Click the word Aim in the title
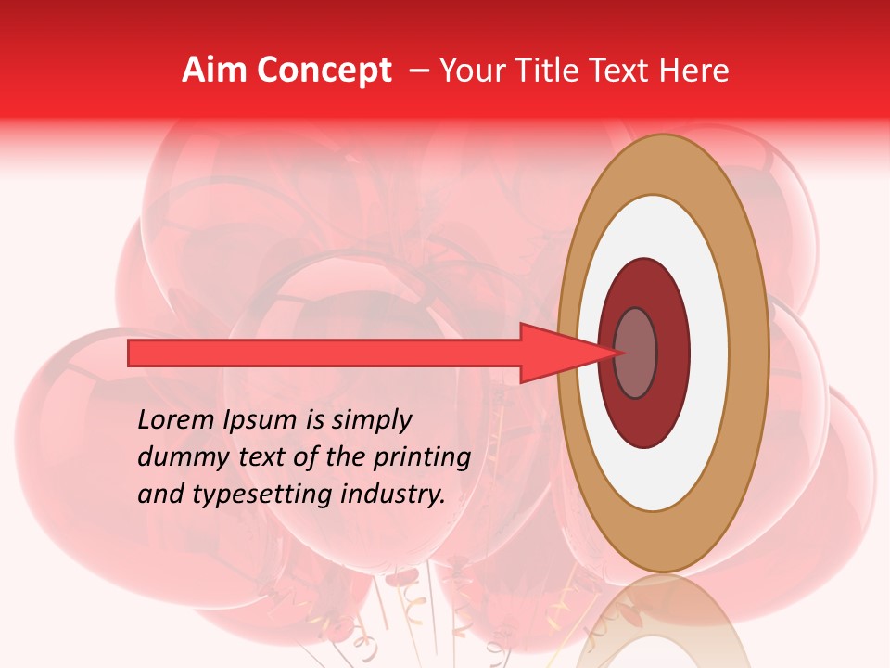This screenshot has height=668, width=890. tap(214, 71)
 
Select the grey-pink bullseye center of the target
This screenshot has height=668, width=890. tap(635, 353)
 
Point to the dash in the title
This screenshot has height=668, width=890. tap(418, 71)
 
